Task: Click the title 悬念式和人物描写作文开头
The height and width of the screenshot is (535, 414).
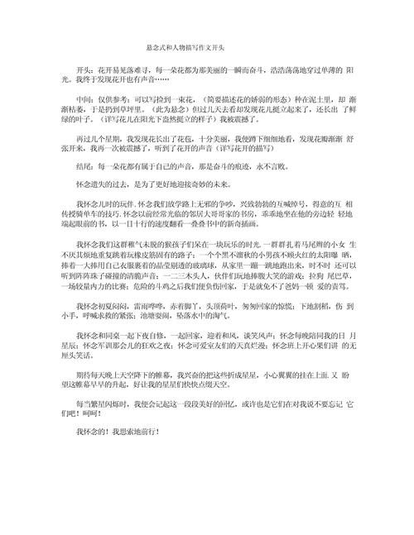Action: tap(206, 49)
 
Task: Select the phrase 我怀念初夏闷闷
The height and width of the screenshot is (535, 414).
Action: tap(103, 328)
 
